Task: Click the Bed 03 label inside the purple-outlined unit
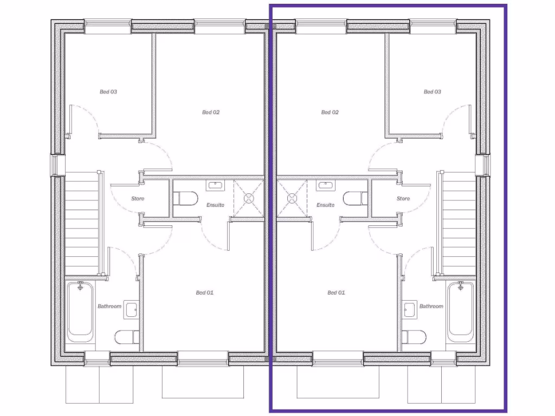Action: (x=432, y=92)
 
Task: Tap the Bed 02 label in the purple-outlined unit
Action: (x=330, y=113)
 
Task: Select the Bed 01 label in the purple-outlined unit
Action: (x=336, y=293)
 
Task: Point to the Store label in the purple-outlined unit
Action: (x=403, y=199)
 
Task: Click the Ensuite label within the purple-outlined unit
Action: (x=325, y=205)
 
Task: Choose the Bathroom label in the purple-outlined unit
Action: (x=431, y=307)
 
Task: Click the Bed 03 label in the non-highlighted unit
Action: (x=108, y=92)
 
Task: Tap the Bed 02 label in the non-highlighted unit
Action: (x=211, y=113)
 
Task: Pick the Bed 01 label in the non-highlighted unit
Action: (x=204, y=293)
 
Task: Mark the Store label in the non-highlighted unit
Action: (x=138, y=199)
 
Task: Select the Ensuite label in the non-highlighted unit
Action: (x=215, y=205)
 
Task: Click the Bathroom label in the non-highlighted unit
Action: (x=109, y=307)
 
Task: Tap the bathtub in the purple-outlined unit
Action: (x=460, y=311)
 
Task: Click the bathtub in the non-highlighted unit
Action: (x=80, y=311)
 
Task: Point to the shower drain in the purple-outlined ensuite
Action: (x=292, y=198)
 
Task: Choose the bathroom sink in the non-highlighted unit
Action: (x=131, y=309)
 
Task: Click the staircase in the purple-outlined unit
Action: (x=459, y=222)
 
